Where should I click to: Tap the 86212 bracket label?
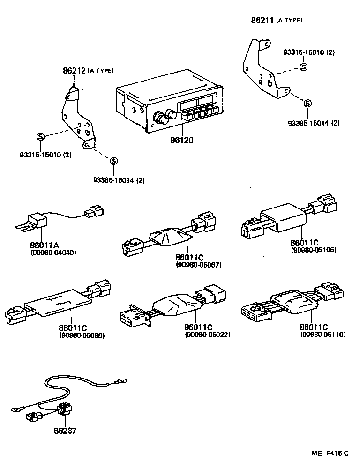pyautogui.click(x=74, y=71)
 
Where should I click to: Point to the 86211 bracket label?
pyautogui.click(x=262, y=20)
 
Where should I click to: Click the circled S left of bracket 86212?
pyautogui.click(x=40, y=136)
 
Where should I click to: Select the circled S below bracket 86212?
pyautogui.click(x=113, y=161)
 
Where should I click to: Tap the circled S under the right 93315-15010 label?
pyautogui.click(x=303, y=67)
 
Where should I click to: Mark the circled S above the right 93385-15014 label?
pyautogui.click(x=307, y=104)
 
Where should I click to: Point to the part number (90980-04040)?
pyautogui.click(x=46, y=253)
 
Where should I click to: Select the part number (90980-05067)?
pyautogui.click(x=198, y=265)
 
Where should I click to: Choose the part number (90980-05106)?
pyautogui.click(x=313, y=250)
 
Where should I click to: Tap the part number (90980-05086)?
pyautogui.click(x=82, y=335)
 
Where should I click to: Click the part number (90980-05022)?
pyautogui.click(x=208, y=335)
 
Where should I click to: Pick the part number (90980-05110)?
pyautogui.click(x=322, y=335)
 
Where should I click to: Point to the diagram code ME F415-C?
pyautogui.click(x=330, y=454)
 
